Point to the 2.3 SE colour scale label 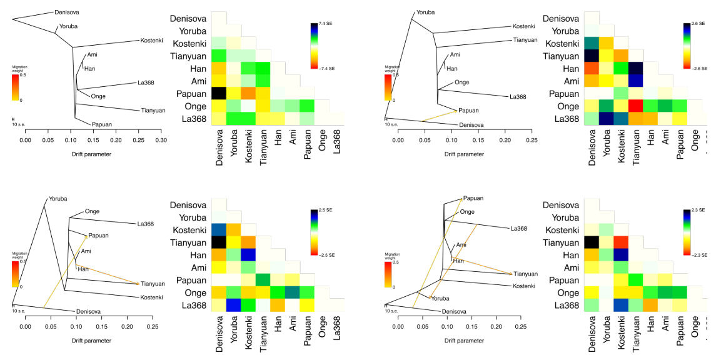697,211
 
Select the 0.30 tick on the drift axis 161,141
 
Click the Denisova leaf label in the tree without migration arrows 66,12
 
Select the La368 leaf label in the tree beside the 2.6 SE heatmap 518,97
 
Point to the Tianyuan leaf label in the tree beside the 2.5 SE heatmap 153,284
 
